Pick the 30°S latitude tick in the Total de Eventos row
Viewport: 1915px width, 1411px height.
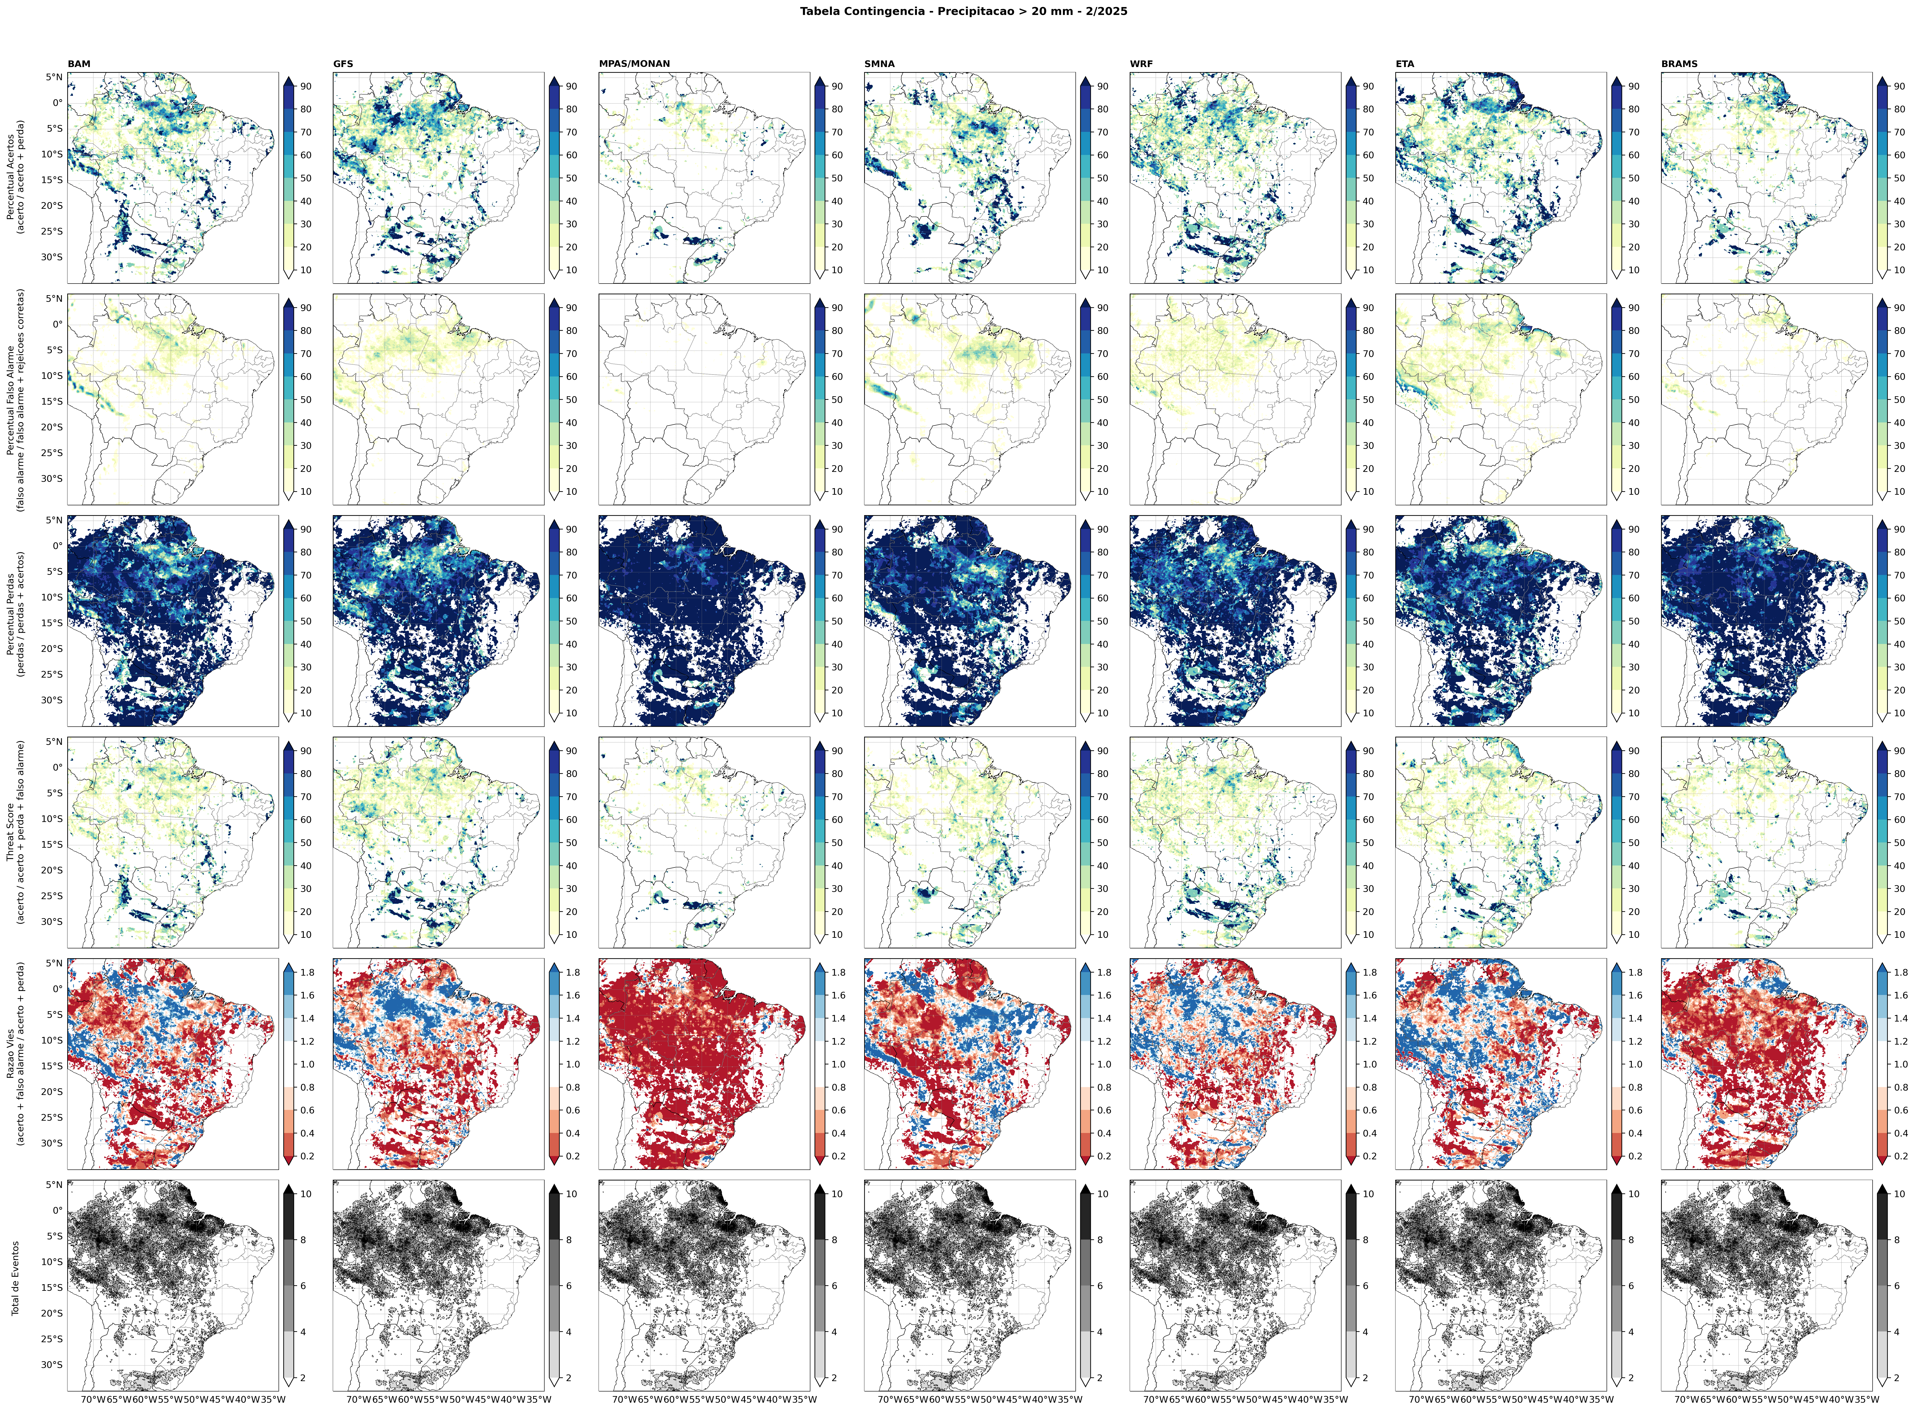(x=51, y=1365)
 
